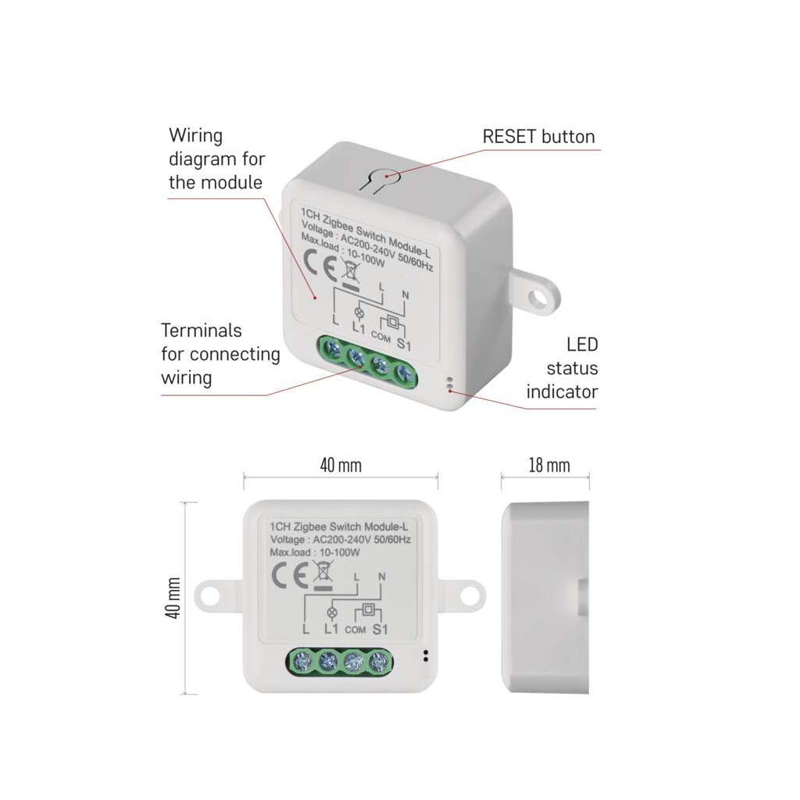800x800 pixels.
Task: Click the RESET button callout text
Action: [538, 137]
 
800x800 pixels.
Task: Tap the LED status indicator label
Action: [562, 368]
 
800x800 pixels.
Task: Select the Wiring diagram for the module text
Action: [216, 159]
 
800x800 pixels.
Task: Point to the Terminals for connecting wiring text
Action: [220, 354]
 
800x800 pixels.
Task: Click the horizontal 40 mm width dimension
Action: [341, 466]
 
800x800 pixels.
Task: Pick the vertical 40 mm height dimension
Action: [173, 598]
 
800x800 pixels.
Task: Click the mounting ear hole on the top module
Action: [537, 298]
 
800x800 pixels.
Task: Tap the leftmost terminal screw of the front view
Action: [303, 663]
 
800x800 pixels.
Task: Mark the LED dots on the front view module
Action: [426, 655]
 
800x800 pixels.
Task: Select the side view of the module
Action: [545, 598]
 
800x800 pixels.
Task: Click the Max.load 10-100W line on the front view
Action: [314, 552]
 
